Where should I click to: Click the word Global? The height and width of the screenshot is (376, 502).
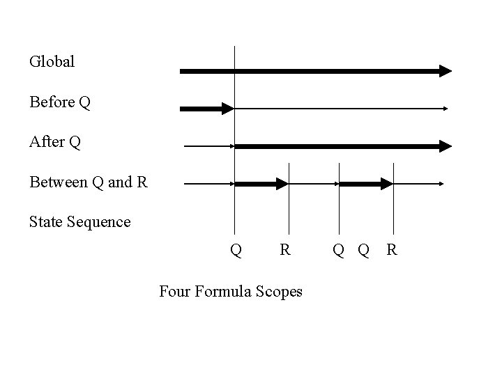point(52,61)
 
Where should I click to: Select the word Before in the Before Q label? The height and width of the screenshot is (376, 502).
point(52,102)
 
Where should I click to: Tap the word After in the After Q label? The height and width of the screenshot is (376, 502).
point(47,143)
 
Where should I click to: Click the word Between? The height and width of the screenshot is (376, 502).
point(58,183)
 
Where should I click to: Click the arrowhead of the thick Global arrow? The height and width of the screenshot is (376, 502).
point(445,70)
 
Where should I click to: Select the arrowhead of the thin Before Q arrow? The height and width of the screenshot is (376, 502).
point(444,108)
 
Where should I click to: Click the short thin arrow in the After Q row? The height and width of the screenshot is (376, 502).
point(208,146)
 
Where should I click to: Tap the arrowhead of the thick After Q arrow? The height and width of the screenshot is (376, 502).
point(445,146)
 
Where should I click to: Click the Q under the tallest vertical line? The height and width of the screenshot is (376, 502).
point(236,249)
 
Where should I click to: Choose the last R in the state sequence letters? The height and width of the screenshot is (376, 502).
point(392,249)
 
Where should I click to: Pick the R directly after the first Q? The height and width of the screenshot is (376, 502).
point(284,249)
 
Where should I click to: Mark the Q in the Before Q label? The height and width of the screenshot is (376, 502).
point(84,102)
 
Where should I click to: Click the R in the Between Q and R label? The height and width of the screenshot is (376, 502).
point(142,183)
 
